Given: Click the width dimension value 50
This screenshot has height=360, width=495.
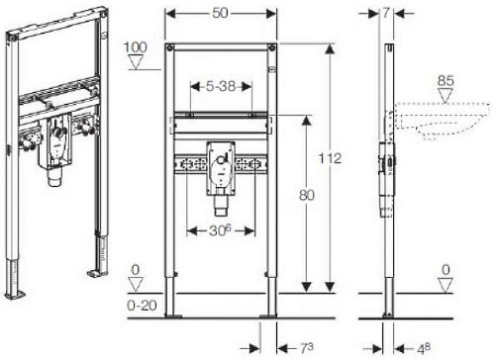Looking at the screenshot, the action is point(220,13).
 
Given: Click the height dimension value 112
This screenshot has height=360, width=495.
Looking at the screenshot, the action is point(330,158).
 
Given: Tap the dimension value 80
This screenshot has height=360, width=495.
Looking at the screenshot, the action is point(307,196).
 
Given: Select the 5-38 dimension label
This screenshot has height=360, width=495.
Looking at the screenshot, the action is point(221,86).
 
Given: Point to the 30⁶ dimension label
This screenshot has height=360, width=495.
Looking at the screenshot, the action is point(220,230).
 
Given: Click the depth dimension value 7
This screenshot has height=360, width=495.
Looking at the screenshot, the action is point(386,13).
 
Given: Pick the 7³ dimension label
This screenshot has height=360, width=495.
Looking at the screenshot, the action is point(307,347).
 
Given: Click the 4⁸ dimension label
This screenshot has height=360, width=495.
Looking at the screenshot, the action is point(424,348).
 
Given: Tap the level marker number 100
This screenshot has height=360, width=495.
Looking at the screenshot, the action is point(136,47).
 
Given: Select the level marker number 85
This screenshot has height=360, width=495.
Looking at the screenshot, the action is point(445,81).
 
